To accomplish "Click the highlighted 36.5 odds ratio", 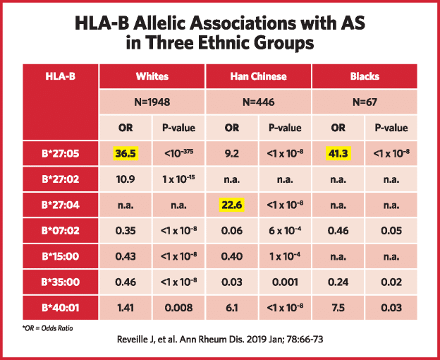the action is [x=126, y=154].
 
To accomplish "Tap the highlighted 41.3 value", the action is [x=338, y=154].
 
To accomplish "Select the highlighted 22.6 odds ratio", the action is [x=231, y=205].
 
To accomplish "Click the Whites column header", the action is [x=152, y=76].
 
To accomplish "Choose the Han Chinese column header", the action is [x=259, y=76].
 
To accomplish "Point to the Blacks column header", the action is [x=365, y=76].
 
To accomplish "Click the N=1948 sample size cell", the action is [x=152, y=102].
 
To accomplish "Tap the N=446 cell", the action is [x=259, y=102].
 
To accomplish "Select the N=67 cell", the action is [x=365, y=102].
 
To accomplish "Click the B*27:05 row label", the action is [x=61, y=154].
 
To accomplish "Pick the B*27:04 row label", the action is [x=61, y=205].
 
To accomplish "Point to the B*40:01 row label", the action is [x=61, y=308].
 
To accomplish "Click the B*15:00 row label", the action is [x=61, y=256].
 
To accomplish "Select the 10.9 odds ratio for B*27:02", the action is [x=126, y=179].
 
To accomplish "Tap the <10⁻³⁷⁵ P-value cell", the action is [x=179, y=153].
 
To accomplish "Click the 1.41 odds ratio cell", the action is [x=126, y=308].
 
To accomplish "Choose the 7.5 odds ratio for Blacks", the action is [x=338, y=308].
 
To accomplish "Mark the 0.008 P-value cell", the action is [x=179, y=308].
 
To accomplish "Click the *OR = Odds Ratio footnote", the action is [x=47, y=328].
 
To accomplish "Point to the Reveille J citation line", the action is [x=220, y=340].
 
